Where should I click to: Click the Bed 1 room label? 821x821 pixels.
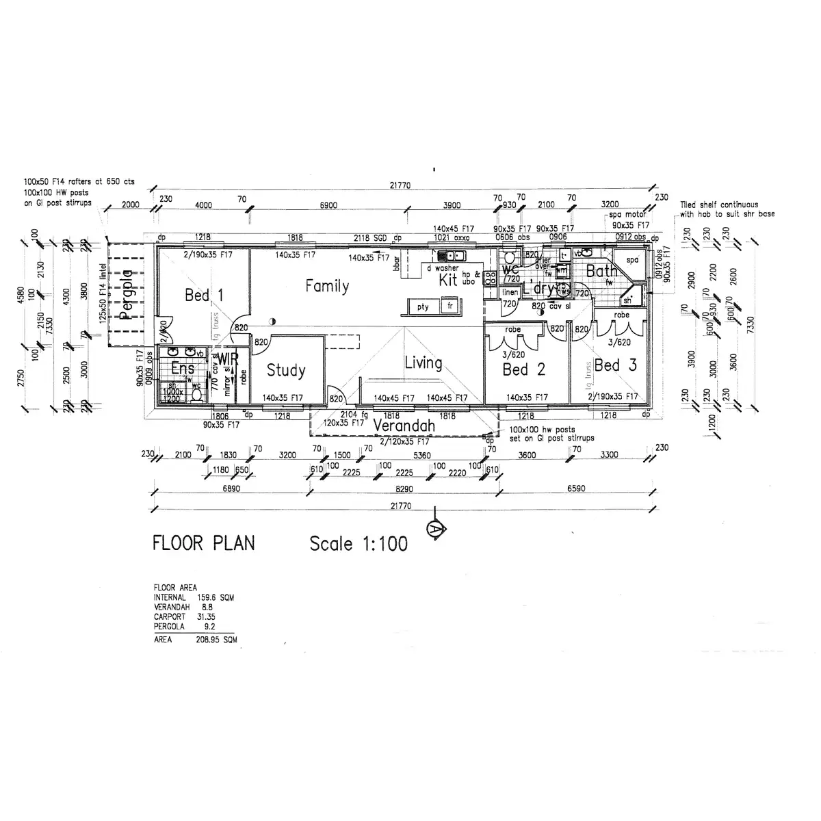point(204,296)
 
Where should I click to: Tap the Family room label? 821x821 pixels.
point(327,286)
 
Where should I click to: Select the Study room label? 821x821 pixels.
point(285,370)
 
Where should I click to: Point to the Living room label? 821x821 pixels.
point(423,363)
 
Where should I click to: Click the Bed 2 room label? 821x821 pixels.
point(523,370)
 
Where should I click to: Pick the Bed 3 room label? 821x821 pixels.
point(615,365)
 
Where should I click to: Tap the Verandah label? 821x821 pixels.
point(404,426)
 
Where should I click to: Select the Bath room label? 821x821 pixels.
point(601,272)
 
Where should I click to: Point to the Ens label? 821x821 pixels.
point(183,369)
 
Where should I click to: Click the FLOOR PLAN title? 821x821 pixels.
point(203,543)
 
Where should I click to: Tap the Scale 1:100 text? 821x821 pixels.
point(359,544)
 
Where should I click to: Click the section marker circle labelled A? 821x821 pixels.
point(434,528)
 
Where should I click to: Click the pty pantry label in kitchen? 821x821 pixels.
point(423,307)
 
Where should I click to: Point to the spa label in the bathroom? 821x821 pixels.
point(631,260)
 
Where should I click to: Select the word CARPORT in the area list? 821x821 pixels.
point(169,616)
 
